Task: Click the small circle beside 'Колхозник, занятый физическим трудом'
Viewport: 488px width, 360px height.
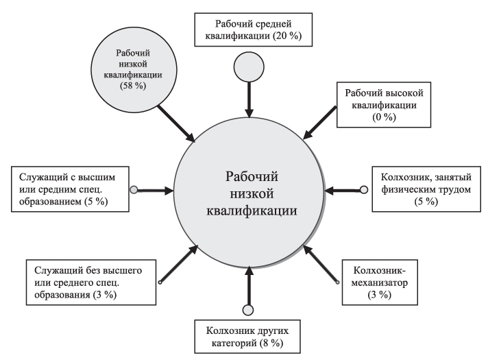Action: (364, 189)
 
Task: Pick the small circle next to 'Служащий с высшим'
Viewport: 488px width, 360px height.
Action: (134, 189)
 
